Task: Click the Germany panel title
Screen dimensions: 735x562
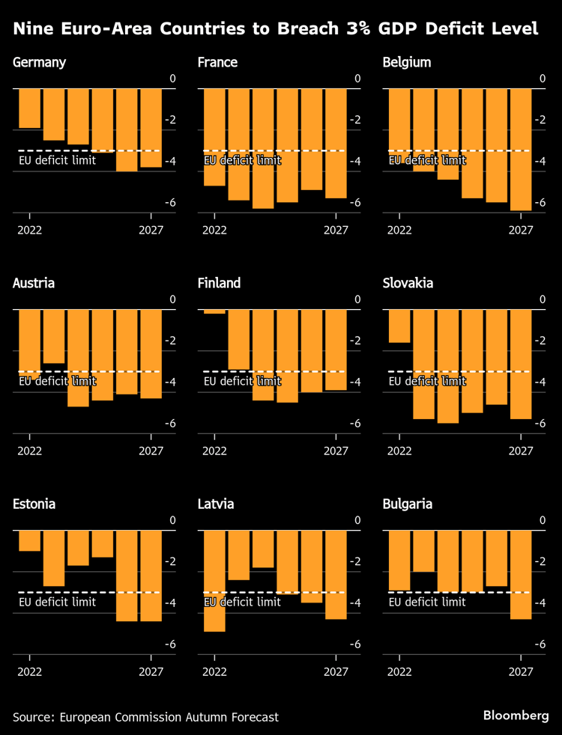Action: coord(39,62)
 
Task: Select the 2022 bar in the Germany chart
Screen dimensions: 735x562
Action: coord(29,108)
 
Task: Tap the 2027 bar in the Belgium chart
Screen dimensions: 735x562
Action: coord(521,149)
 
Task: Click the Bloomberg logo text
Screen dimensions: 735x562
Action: coord(516,716)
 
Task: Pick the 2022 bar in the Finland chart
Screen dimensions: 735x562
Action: coord(214,311)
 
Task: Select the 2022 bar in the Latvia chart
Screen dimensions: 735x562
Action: coord(214,580)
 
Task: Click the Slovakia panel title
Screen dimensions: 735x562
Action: coord(408,283)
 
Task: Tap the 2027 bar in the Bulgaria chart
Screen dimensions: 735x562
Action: coord(521,574)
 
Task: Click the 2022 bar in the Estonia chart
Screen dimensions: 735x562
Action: coord(29,540)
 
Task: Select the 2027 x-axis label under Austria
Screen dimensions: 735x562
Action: coord(151,451)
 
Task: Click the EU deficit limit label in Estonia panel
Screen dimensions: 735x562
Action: coord(57,602)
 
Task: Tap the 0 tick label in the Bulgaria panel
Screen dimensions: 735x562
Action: coord(543,520)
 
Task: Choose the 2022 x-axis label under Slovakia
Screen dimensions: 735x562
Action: coord(399,451)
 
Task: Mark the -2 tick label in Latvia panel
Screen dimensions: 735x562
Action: coord(354,562)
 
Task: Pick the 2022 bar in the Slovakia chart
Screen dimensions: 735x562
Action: coord(399,326)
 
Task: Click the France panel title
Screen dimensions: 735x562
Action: coord(217,62)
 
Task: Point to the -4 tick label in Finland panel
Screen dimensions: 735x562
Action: coord(354,382)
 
